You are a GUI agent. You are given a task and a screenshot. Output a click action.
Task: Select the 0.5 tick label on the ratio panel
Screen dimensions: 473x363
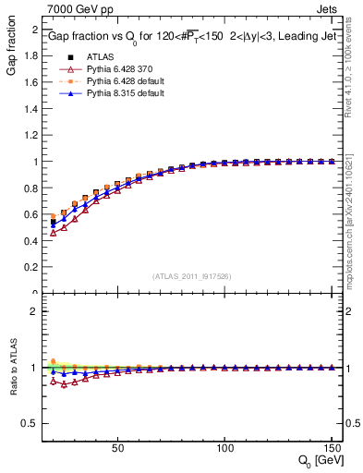pos(30,423)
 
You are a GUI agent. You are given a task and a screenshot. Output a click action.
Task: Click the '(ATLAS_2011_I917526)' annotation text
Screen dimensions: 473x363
pos(191,276)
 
